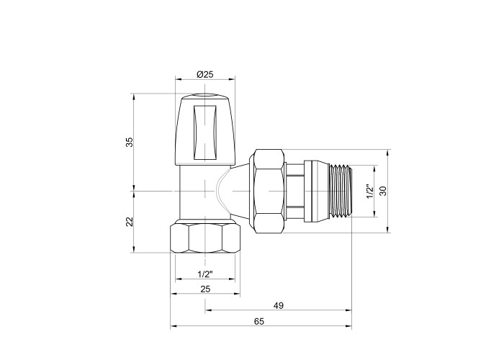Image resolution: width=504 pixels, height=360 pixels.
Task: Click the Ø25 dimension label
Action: click(x=204, y=75)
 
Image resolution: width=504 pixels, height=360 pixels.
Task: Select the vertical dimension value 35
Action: click(x=129, y=142)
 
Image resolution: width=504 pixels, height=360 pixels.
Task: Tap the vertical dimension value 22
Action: click(x=129, y=222)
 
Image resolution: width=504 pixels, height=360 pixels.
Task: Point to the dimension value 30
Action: click(x=383, y=191)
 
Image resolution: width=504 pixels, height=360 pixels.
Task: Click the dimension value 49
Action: click(x=279, y=306)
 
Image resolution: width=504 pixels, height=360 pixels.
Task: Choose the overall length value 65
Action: click(x=258, y=321)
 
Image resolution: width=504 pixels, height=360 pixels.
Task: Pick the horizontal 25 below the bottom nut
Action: click(x=205, y=289)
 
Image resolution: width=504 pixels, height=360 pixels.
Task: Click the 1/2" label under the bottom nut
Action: click(x=205, y=274)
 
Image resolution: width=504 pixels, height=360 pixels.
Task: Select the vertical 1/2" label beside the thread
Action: click(x=370, y=192)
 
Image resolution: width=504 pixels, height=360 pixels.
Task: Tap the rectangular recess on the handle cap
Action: click(x=204, y=132)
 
